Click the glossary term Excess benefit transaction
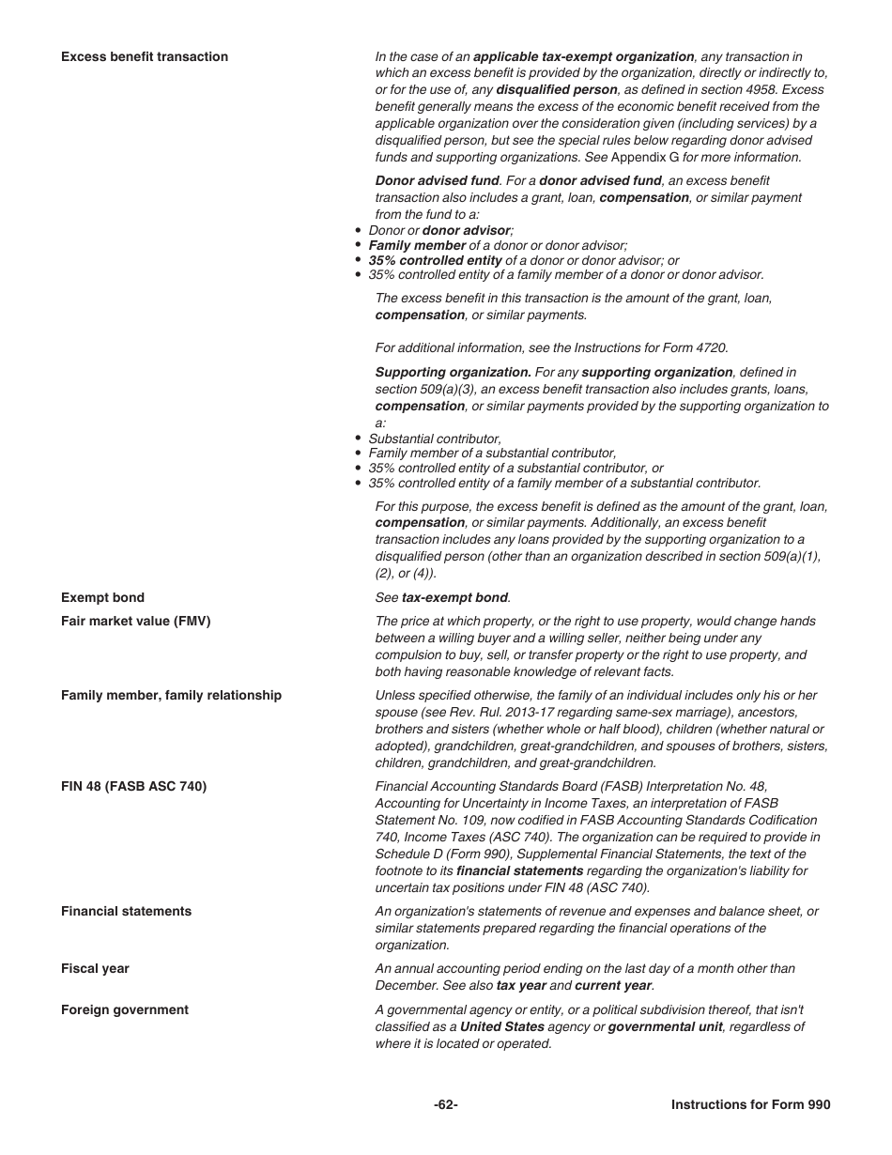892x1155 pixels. coord(145,56)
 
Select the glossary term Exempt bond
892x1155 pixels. coord(102,597)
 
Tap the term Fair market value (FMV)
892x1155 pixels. coord(135,621)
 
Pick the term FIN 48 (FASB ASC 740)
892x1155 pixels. coord(133,786)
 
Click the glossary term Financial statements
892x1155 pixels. coord(126,911)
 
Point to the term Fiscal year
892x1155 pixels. coord(95,968)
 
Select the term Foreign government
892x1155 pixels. coord(124,1009)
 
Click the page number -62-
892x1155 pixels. coord(446,1104)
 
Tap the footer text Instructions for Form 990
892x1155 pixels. coord(750,1104)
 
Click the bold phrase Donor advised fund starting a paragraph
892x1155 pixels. coord(437,180)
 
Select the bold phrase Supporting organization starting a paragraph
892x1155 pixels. coord(453,372)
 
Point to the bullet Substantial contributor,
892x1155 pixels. coord(435,439)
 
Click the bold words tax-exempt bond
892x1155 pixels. coord(454,597)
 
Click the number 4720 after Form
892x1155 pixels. coord(712,347)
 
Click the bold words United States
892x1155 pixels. coord(501,1026)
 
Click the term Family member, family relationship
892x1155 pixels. coord(171,695)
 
